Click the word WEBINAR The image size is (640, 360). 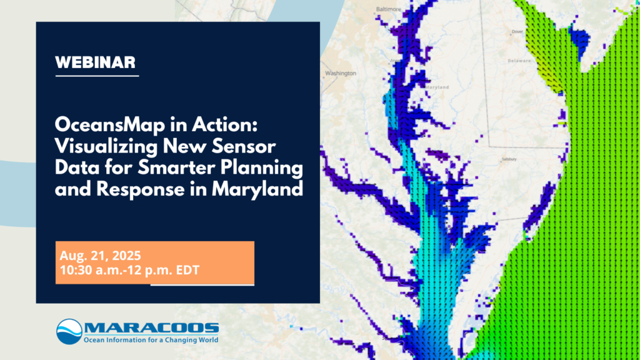click(x=96, y=62)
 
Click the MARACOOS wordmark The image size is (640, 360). click(x=152, y=327)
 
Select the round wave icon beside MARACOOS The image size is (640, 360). click(x=69, y=332)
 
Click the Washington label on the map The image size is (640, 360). click(x=341, y=73)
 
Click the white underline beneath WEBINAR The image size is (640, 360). click(x=97, y=76)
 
